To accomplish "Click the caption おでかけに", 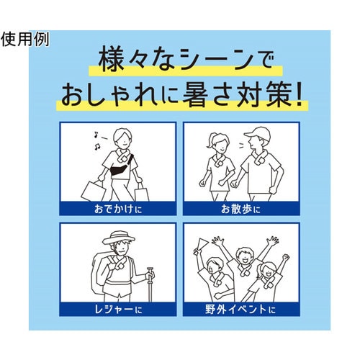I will click(118, 209).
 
